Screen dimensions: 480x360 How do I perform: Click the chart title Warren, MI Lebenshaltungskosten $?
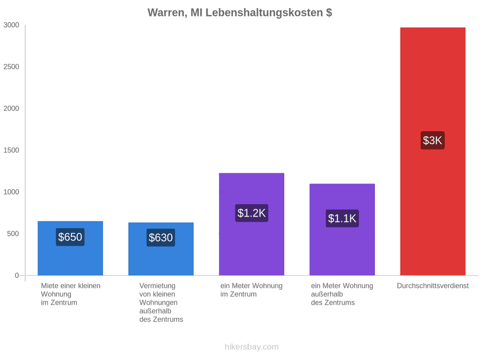239,13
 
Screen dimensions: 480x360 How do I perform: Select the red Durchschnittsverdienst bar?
433,151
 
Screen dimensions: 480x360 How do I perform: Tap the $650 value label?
70,237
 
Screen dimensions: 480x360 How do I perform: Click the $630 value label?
161,237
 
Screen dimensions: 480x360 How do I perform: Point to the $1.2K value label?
251,213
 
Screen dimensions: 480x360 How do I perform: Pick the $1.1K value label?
342,218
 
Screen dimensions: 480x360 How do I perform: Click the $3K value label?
433,140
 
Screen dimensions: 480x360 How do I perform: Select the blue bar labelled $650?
70,248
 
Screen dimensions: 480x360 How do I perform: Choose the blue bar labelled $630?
161,249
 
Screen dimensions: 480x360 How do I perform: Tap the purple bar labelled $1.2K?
251,224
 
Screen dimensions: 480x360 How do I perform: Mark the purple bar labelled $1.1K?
342,229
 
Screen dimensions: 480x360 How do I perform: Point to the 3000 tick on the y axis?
11,25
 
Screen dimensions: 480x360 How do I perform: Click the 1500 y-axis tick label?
11,150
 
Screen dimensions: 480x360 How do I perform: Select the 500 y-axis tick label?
13,234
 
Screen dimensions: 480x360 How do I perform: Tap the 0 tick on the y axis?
17,276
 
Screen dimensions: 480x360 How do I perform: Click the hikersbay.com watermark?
252,347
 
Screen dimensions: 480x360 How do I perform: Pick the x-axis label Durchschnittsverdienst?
433,286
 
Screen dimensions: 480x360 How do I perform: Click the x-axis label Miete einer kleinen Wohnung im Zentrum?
71,294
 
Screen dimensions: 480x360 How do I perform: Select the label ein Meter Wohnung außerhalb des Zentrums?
342,294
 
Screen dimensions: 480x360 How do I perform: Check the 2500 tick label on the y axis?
11,67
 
